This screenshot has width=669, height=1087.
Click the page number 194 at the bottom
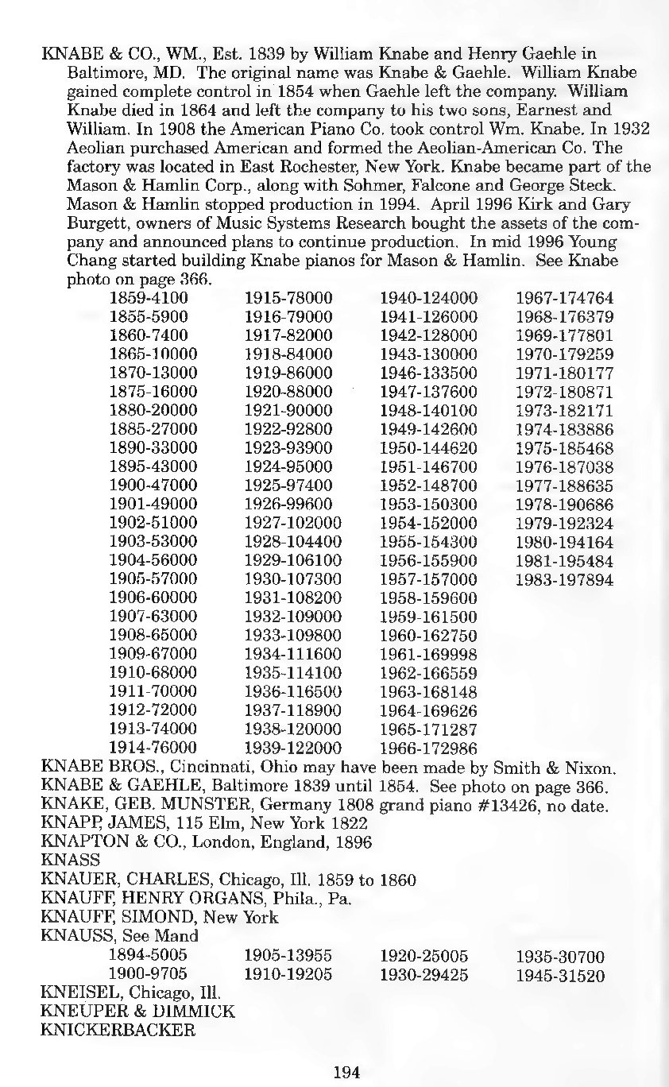346,1072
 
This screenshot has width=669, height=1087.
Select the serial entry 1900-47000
153,485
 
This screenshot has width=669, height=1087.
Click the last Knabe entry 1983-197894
565,580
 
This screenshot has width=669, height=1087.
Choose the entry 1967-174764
565,298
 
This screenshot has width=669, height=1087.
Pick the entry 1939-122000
293,748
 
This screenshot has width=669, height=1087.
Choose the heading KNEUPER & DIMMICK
137,1012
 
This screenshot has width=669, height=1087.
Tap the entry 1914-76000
153,748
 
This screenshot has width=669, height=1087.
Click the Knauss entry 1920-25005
424,956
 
